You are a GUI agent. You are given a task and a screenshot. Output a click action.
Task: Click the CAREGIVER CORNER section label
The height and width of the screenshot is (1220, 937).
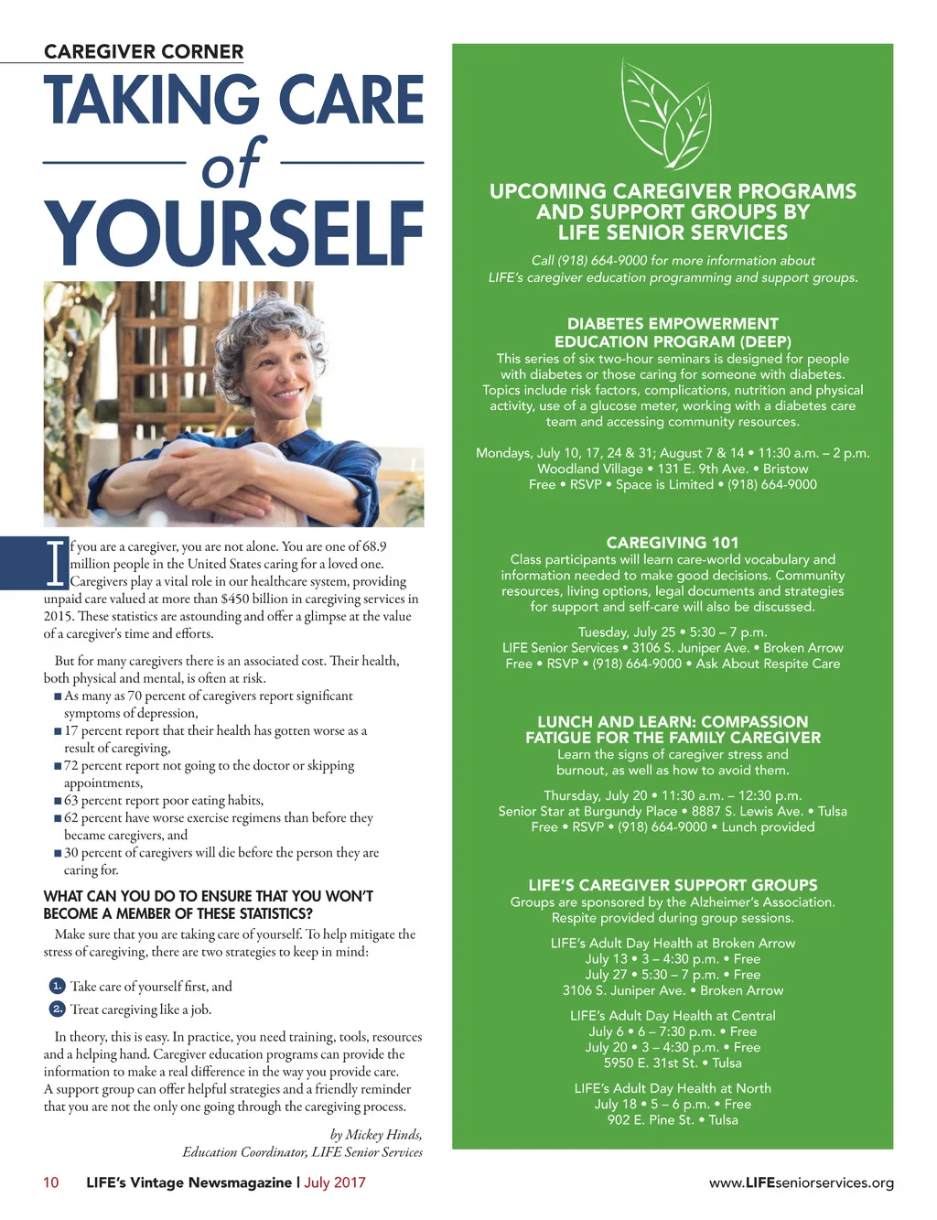(144, 52)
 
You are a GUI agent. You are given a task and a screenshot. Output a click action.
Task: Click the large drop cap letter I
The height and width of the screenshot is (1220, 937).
(57, 564)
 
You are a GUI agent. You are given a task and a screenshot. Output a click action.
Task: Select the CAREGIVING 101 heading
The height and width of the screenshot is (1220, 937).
(673, 543)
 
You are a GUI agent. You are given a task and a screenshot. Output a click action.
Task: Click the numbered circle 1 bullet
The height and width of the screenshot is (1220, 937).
(57, 986)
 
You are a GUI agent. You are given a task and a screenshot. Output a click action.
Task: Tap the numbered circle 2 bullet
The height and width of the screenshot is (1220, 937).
(57, 1009)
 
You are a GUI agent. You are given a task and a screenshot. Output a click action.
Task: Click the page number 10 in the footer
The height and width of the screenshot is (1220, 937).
(51, 1182)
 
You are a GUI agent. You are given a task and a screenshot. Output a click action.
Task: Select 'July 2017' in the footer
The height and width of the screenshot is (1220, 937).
(335, 1182)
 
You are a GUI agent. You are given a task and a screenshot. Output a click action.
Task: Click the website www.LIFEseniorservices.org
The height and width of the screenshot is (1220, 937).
(802, 1182)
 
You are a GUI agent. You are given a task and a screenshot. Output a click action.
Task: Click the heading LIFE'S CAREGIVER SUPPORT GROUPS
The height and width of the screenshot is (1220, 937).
(673, 885)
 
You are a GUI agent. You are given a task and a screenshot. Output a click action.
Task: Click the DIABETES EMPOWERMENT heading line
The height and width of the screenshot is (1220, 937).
(673, 324)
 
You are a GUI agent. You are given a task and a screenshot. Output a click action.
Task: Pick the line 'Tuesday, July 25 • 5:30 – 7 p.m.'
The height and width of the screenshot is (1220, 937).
(673, 632)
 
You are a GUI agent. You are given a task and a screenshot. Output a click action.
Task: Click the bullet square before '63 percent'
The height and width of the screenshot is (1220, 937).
(59, 801)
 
